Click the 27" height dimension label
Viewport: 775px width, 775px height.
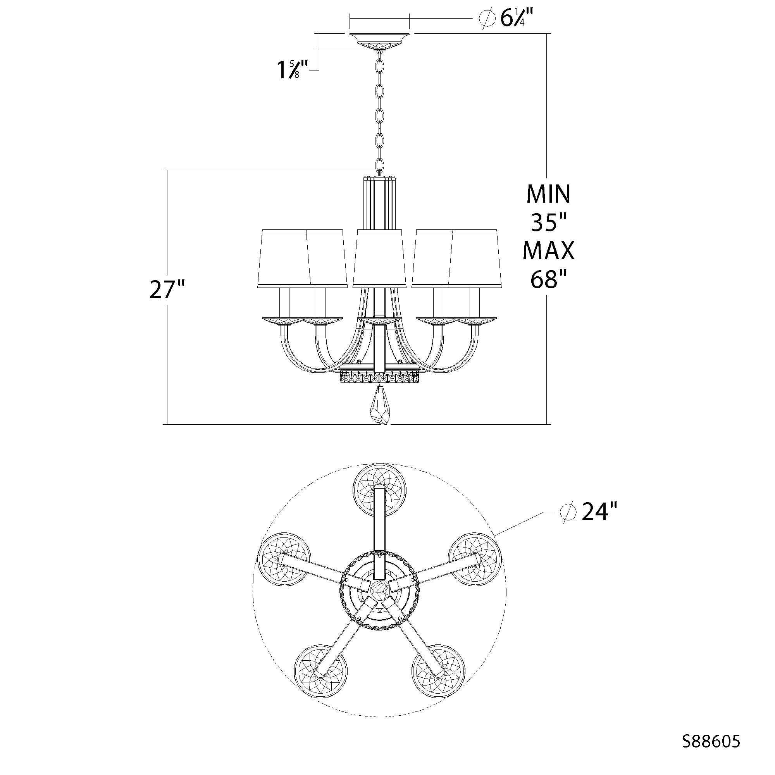click(x=167, y=289)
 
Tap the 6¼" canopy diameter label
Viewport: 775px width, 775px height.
click(x=517, y=19)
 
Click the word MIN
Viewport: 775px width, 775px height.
click(x=548, y=194)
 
